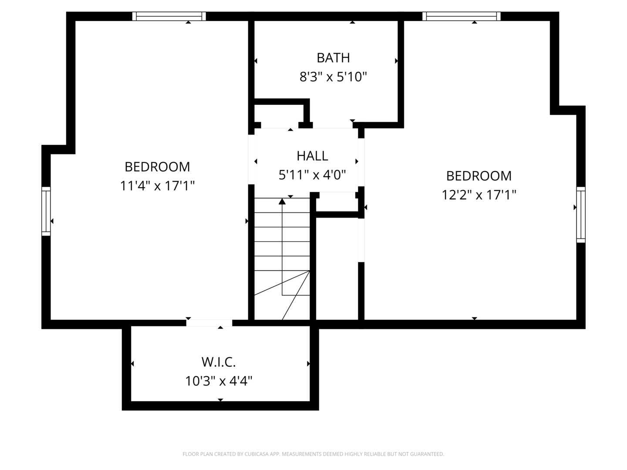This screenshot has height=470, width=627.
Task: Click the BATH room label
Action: tap(333, 57)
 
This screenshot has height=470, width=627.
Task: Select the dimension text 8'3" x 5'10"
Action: tap(333, 77)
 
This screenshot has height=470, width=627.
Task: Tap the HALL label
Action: tap(312, 155)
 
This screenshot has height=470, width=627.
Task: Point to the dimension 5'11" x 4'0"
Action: tap(312, 175)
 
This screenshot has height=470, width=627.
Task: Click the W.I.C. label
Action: tap(219, 362)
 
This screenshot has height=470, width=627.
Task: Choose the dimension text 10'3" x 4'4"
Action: tap(219, 381)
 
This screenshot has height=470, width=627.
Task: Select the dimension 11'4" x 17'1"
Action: tap(157, 186)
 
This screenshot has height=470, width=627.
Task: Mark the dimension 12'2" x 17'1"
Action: tap(479, 195)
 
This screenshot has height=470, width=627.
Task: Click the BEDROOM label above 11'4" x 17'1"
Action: tap(157, 167)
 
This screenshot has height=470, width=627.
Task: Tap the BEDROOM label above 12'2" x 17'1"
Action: tap(479, 175)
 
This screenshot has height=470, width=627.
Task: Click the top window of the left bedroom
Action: tap(169, 16)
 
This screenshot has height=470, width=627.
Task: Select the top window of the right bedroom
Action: tap(462, 16)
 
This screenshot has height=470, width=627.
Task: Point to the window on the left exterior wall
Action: tap(46, 211)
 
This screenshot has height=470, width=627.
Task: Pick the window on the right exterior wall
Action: tap(581, 214)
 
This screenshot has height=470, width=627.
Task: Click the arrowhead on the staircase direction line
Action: tap(282, 201)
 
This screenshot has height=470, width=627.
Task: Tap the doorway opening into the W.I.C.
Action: tap(209, 323)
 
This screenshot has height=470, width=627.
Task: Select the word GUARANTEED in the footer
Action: tap(428, 454)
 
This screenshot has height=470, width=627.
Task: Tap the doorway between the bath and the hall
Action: tap(333, 125)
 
